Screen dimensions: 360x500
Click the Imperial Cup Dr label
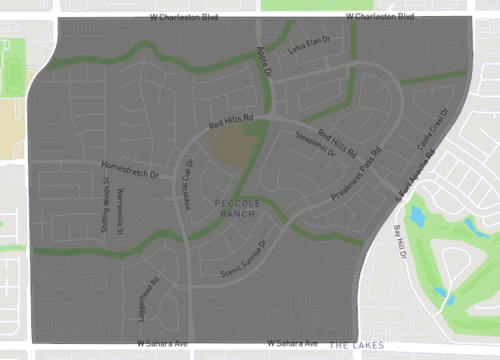click(187, 186)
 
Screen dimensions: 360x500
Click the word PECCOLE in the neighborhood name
click(238, 204)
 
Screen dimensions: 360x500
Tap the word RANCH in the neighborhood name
click(238, 214)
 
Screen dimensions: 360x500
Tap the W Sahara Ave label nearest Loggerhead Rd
click(163, 343)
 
